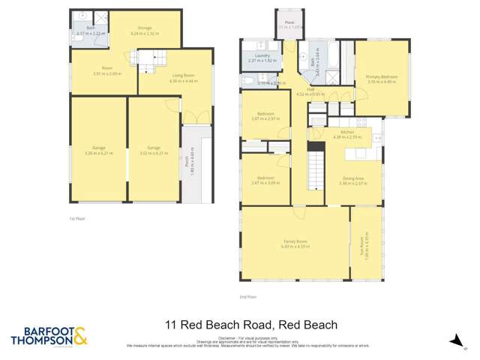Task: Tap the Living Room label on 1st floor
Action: [177, 76]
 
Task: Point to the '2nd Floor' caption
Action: [247, 297]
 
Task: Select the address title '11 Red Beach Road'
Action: [251, 325]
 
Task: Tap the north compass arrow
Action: [454, 341]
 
